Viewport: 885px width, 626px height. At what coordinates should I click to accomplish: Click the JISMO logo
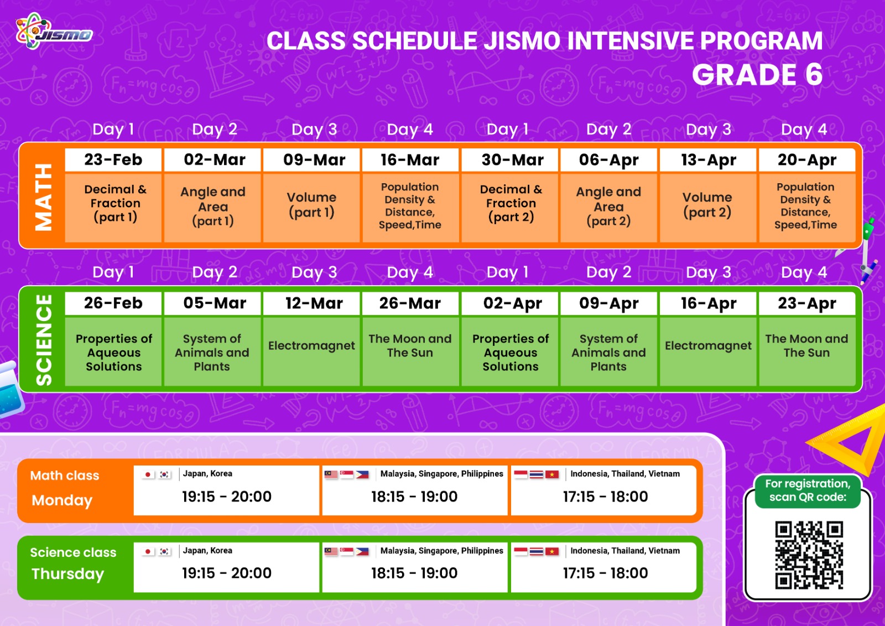pos(54,32)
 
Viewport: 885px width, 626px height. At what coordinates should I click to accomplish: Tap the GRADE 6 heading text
pos(757,75)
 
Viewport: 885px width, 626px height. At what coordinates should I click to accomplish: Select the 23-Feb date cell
pos(113,160)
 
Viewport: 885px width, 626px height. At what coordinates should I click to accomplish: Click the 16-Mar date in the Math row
pos(410,160)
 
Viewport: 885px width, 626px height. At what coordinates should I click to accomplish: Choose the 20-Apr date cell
pos(807,160)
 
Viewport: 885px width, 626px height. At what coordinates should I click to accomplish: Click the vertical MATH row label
pos(44,197)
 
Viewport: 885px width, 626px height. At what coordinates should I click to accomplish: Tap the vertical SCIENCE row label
pos(44,340)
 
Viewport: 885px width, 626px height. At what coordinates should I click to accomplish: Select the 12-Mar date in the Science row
pos(314,303)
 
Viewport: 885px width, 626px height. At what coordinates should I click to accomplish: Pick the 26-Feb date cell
pos(113,303)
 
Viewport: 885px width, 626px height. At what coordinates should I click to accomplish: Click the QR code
pos(809,555)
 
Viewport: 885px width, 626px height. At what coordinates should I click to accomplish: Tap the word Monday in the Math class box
pos(62,501)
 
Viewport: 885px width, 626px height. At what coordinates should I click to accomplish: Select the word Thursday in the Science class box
pos(67,574)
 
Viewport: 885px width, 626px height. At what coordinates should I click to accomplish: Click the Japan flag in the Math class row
pos(148,474)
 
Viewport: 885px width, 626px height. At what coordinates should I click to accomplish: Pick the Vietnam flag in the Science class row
pos(552,551)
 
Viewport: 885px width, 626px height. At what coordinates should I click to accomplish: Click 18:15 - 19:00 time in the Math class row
pos(414,496)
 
